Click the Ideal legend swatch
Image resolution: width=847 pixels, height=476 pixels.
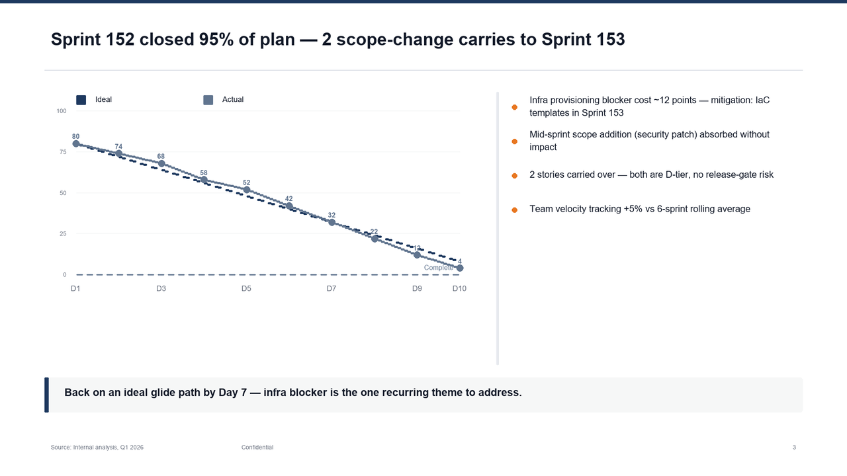81,100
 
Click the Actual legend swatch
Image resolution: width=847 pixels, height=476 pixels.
208,100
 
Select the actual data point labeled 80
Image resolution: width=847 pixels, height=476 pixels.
76,143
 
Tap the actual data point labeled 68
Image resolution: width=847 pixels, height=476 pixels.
161,163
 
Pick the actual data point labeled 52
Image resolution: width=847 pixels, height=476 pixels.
247,190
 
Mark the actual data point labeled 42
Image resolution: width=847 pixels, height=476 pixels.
289,206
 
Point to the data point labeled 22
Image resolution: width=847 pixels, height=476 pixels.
375,239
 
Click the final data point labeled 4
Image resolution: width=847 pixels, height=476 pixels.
460,268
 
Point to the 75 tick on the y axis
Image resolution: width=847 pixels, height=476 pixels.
62,152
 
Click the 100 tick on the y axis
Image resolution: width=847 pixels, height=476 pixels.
62,111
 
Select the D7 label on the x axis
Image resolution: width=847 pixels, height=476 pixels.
332,288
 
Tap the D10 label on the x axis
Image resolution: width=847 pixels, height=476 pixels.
459,288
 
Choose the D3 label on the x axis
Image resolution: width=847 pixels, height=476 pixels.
161,288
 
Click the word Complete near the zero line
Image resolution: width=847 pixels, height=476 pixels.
439,268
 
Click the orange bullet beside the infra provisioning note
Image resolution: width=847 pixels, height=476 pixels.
515,107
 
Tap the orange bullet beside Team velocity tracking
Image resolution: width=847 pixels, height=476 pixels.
515,210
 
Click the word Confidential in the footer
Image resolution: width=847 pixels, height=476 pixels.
257,448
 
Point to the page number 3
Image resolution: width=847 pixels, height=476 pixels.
794,448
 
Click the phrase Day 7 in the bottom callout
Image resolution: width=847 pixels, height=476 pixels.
233,393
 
